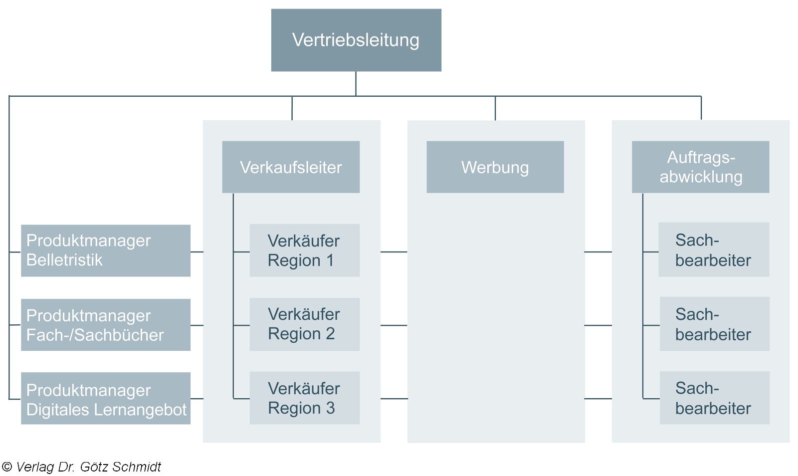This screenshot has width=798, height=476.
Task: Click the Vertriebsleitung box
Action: point(356,40)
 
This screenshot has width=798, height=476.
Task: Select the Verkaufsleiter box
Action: point(291,167)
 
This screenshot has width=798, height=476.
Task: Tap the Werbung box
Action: point(495,167)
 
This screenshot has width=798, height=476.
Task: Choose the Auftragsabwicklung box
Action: point(700,167)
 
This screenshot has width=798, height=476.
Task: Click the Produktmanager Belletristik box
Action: point(106,250)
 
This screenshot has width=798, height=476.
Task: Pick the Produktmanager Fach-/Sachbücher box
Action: point(106,325)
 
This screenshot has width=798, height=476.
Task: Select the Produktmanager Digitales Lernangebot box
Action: point(106,399)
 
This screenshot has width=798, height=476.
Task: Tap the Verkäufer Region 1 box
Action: point(304,250)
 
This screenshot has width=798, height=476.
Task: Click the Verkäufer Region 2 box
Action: point(304,324)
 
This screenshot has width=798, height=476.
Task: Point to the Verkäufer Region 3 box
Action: point(304,398)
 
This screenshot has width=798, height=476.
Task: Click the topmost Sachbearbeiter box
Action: point(713,249)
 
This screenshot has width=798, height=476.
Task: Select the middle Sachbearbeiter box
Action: point(714,324)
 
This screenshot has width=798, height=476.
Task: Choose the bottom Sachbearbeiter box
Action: point(714,398)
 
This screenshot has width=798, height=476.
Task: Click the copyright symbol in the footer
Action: point(7,467)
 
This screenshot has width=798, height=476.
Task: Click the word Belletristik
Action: point(64,260)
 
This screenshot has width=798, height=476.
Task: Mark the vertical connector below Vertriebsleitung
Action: point(356,83)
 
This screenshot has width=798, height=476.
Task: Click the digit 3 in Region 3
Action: point(330,408)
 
